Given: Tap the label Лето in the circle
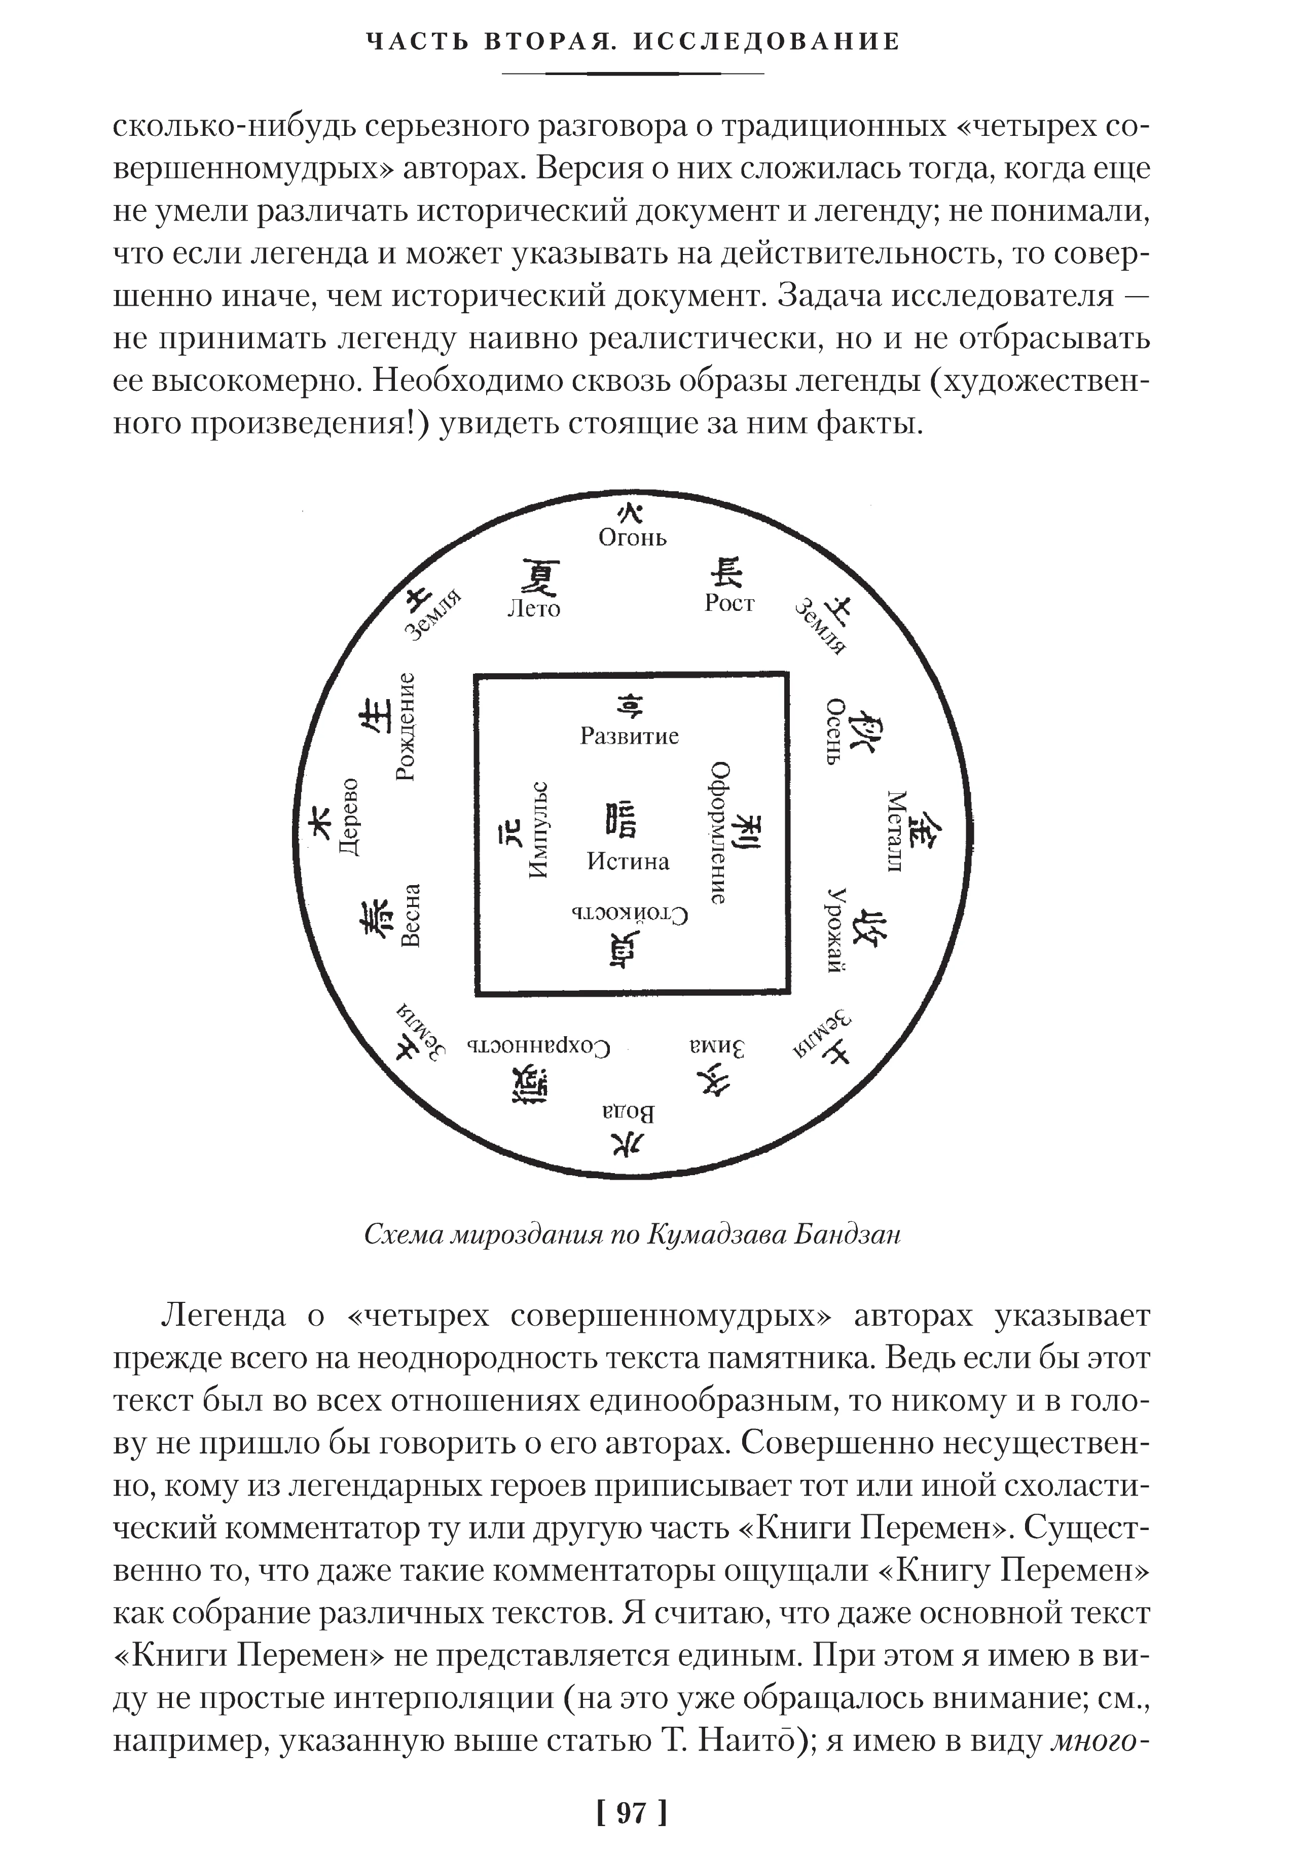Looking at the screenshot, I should (533, 608).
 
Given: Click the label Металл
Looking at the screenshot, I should (895, 831).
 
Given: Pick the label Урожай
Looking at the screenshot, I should (836, 930).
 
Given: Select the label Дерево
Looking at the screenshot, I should (349, 817).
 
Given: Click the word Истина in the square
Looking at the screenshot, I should (628, 861).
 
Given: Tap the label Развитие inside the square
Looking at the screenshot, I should (630, 736).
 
